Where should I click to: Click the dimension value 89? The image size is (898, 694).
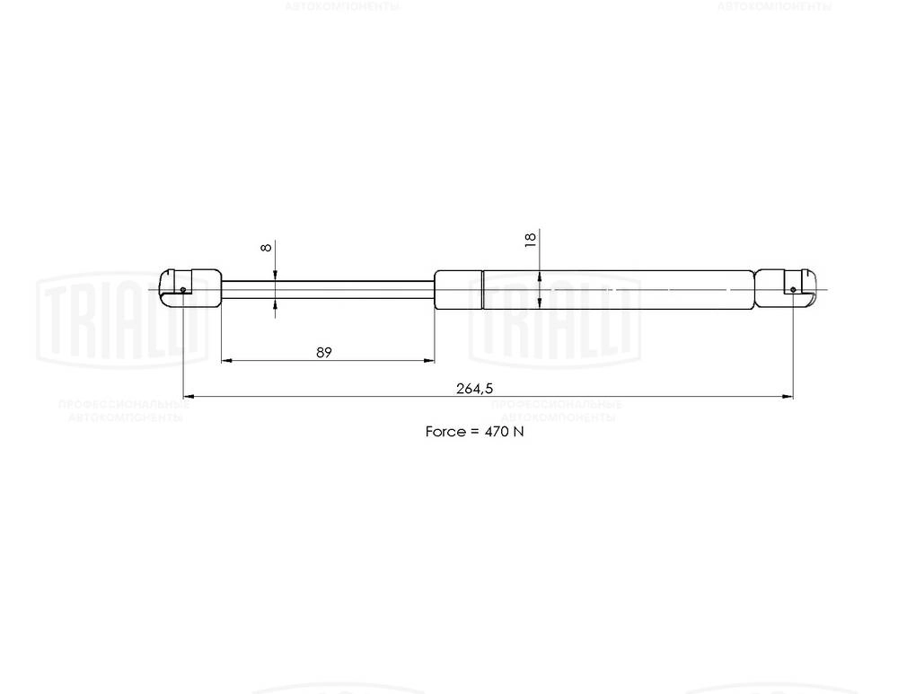(x=324, y=352)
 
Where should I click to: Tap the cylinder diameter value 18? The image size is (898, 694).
(x=530, y=239)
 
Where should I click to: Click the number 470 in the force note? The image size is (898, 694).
(x=491, y=432)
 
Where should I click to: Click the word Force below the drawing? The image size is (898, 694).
(x=445, y=432)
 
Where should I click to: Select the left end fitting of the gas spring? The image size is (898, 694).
(x=189, y=288)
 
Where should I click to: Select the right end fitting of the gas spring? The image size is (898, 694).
(x=785, y=288)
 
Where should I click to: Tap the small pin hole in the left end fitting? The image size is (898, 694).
(x=182, y=290)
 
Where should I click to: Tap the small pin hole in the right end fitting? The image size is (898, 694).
(x=793, y=290)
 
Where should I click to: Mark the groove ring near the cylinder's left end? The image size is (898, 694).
(x=482, y=289)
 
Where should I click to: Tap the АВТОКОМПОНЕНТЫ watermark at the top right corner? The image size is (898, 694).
(x=775, y=6)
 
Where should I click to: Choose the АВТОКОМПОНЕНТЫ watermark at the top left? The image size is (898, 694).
(x=342, y=6)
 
